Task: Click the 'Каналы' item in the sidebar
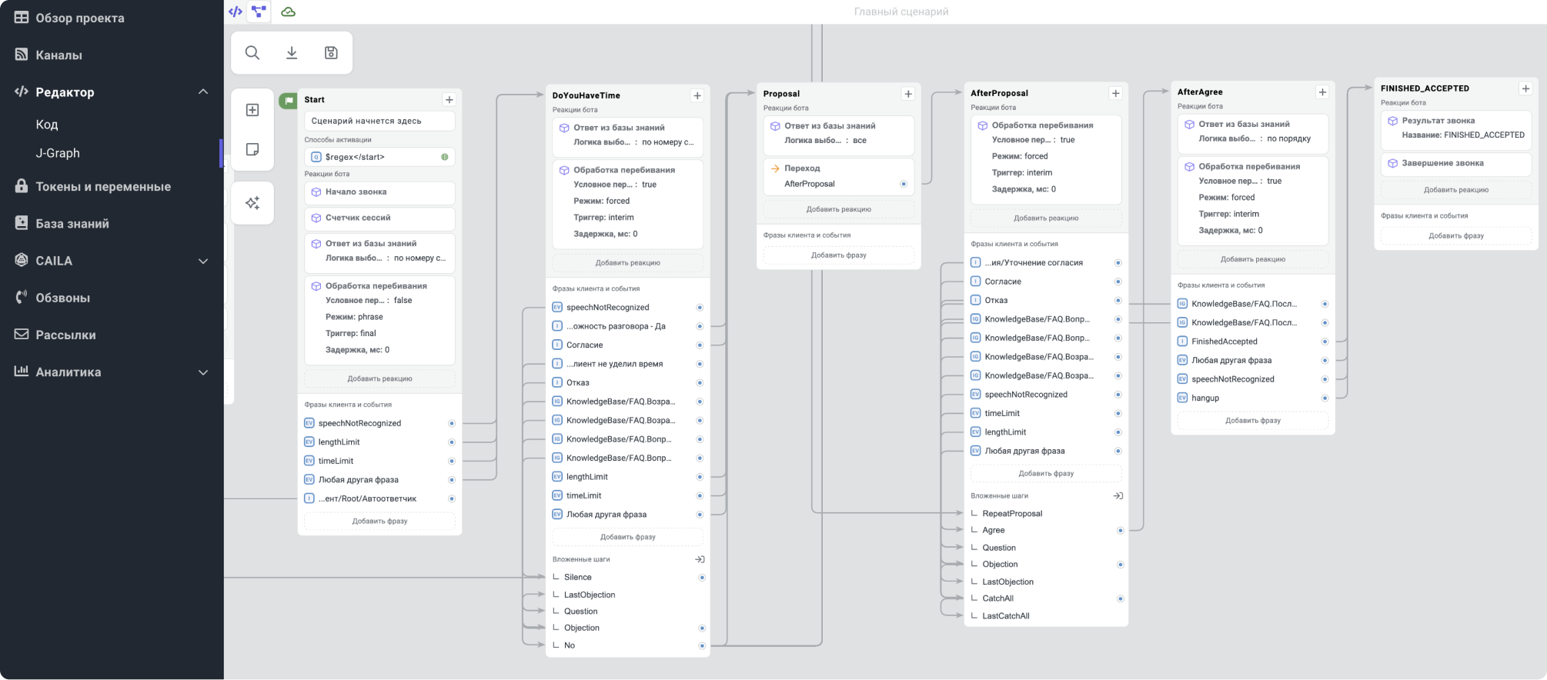(58, 55)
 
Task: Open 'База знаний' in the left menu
(72, 223)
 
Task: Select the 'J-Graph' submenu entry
(58, 153)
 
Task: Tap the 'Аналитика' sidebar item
(68, 372)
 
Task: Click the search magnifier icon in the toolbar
(252, 52)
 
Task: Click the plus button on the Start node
(449, 99)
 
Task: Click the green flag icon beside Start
(289, 100)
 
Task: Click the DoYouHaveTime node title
(586, 95)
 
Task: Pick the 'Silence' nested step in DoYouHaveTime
(578, 577)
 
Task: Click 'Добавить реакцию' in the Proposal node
(839, 209)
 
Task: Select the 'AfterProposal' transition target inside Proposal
(810, 184)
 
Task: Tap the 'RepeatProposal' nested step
(1012, 514)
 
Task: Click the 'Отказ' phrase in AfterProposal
(996, 300)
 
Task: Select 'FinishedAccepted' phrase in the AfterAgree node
(1225, 342)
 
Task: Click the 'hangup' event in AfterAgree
(1205, 398)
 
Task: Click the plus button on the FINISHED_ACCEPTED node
(1525, 88)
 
